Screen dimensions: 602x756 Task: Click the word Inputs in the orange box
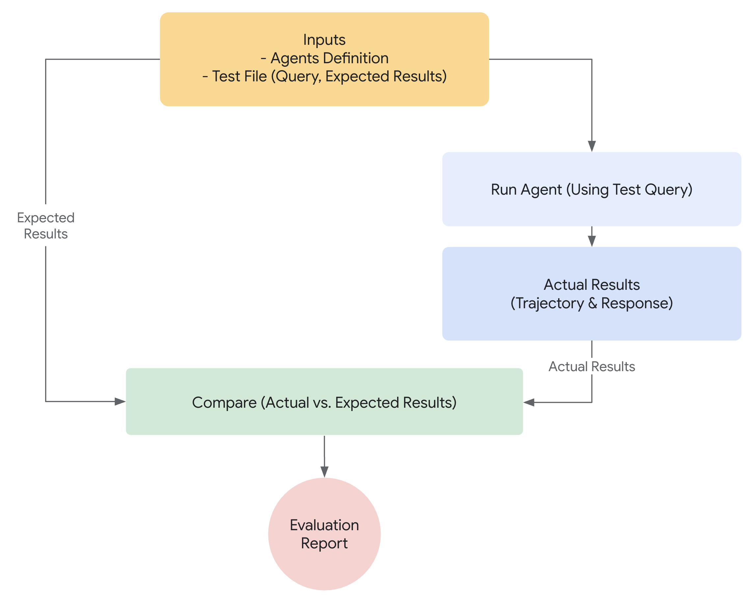click(x=324, y=40)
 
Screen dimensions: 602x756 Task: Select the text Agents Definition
click(x=329, y=58)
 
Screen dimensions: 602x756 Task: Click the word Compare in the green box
click(x=225, y=402)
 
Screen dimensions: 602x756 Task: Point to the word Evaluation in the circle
click(x=324, y=525)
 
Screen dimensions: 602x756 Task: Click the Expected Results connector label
click(x=45, y=226)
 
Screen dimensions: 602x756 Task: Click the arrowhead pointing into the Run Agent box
click(x=592, y=146)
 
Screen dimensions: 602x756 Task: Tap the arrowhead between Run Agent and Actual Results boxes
click(x=592, y=241)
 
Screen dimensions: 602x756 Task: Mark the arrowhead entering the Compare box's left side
click(x=120, y=401)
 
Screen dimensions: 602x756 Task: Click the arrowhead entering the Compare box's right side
click(x=529, y=402)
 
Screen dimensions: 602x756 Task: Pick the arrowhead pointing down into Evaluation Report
click(x=324, y=472)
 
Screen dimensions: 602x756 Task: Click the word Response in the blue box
click(x=636, y=303)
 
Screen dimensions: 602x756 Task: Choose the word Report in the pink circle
click(x=324, y=543)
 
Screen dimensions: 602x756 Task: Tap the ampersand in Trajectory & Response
click(x=592, y=303)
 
